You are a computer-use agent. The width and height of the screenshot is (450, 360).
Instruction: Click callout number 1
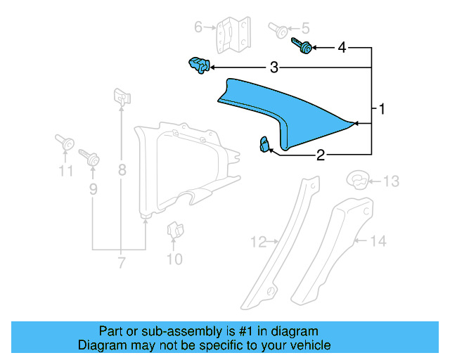[382, 110]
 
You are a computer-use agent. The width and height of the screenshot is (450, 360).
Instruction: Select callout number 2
[321, 155]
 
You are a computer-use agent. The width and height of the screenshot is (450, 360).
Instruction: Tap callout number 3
[274, 67]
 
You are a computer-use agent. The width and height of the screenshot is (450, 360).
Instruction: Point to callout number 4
[342, 48]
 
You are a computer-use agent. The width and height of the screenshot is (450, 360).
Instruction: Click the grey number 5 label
[304, 29]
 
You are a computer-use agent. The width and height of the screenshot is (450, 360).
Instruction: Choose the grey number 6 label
[198, 27]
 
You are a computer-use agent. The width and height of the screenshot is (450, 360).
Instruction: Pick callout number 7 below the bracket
[121, 263]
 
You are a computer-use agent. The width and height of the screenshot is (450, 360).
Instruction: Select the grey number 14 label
[378, 241]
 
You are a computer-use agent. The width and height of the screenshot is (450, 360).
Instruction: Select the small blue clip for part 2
[265, 145]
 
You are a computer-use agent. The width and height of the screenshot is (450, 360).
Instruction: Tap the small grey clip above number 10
[173, 230]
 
